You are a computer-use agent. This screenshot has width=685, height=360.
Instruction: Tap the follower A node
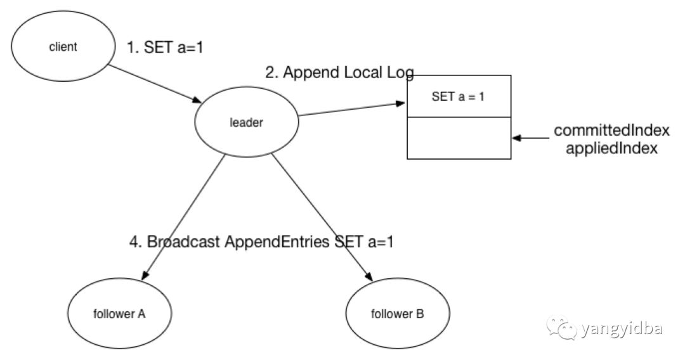point(120,314)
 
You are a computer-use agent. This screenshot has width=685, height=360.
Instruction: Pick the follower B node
point(398,314)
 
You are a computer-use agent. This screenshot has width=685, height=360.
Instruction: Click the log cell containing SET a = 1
point(458,96)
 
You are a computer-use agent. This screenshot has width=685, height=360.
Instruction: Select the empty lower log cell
point(458,138)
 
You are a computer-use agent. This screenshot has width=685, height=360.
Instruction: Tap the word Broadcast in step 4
point(185,241)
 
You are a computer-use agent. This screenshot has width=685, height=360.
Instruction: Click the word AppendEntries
point(278,241)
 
